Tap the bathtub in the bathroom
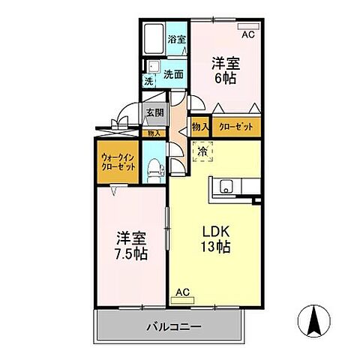[153, 40]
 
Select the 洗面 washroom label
[174, 74]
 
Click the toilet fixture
[155, 168]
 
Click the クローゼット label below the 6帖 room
[236, 127]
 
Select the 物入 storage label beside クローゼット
[199, 127]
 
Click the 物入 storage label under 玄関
[154, 133]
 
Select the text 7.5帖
[131, 253]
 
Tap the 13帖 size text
[214, 248]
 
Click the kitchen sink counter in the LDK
[232, 187]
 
